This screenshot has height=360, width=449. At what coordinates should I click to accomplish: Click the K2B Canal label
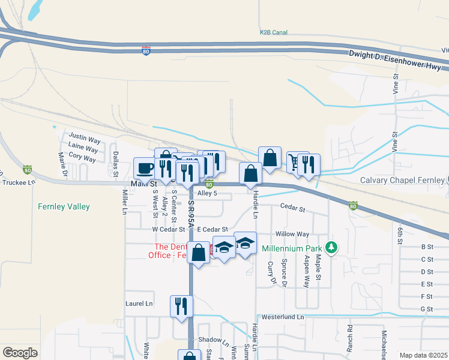point(274,32)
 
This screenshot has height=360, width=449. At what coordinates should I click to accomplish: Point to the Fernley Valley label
point(64,206)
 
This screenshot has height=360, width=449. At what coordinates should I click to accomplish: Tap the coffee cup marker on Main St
point(144,169)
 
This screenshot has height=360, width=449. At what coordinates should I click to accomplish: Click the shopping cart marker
point(295,163)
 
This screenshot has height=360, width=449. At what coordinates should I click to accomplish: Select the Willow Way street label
point(292,234)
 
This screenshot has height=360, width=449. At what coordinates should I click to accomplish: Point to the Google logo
point(20,353)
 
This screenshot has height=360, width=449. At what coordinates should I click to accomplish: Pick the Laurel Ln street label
point(140,304)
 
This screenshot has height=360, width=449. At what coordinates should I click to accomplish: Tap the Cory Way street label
point(82,158)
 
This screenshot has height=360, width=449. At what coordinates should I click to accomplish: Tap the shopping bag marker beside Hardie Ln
point(250,174)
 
